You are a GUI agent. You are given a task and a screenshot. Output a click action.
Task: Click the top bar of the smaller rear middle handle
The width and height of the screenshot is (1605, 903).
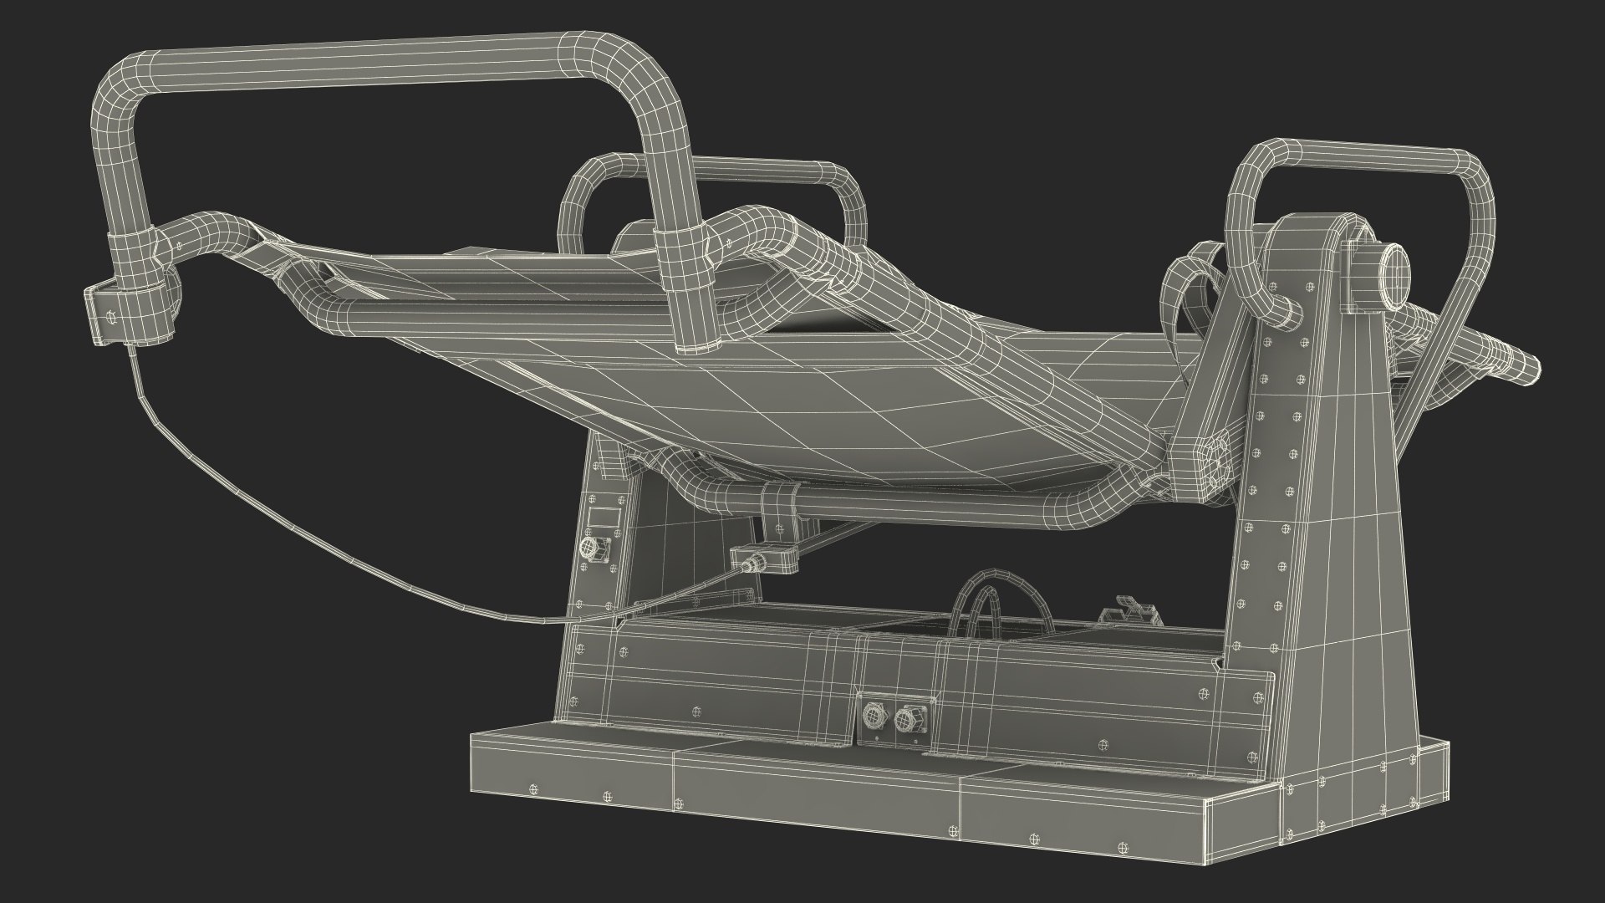tap(719, 167)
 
